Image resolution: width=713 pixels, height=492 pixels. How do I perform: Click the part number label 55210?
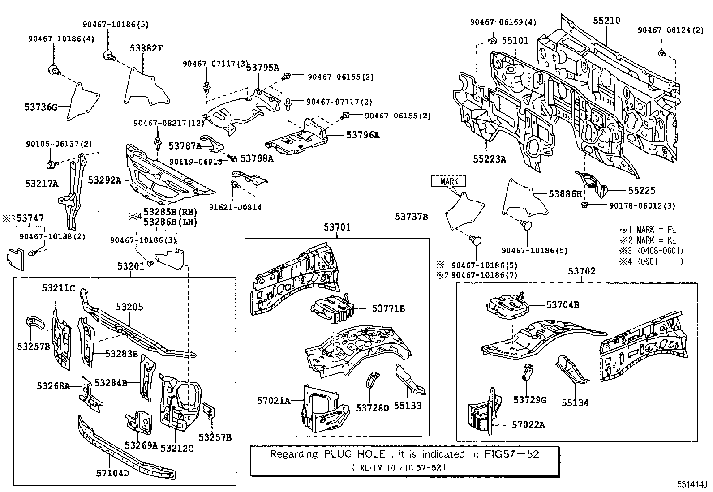(607, 21)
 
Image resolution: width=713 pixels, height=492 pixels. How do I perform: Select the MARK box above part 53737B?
(449, 181)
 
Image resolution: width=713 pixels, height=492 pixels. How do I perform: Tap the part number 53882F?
(146, 48)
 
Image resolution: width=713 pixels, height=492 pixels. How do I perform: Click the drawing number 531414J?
(691, 484)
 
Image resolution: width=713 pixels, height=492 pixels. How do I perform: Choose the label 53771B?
(388, 308)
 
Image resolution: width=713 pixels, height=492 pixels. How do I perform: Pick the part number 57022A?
(528, 425)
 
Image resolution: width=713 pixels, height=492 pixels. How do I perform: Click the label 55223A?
(489, 158)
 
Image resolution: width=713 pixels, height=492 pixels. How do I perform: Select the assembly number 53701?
(337, 227)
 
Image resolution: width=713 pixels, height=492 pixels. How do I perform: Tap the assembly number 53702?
(582, 271)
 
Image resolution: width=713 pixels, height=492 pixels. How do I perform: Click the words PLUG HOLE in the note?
(353, 454)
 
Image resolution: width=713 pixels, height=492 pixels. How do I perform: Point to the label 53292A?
(104, 180)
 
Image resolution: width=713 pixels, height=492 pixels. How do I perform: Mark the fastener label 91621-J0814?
(235, 207)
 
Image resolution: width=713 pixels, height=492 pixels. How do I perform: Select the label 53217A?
(42, 183)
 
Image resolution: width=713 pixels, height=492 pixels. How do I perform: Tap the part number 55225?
(641, 190)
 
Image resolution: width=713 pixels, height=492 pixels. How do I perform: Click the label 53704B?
(563, 305)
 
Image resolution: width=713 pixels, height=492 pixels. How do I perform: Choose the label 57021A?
(274, 400)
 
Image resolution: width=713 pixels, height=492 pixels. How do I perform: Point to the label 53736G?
(41, 107)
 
